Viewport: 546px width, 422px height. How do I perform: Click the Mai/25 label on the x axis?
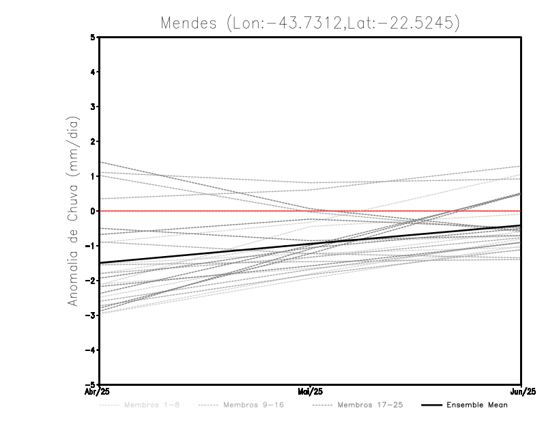pyautogui.click(x=311, y=392)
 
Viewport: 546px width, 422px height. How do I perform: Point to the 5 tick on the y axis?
pyautogui.click(x=93, y=37)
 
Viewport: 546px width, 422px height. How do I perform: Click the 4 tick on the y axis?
pyautogui.click(x=93, y=72)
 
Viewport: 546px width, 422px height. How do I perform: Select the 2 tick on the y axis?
pyautogui.click(x=93, y=141)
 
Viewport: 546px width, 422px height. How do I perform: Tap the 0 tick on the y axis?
pyautogui.click(x=93, y=211)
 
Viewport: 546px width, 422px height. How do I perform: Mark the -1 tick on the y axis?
pyautogui.click(x=91, y=246)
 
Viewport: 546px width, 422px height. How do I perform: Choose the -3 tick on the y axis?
pyautogui.click(x=91, y=315)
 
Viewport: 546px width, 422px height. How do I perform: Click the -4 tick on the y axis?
pyautogui.click(x=91, y=350)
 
